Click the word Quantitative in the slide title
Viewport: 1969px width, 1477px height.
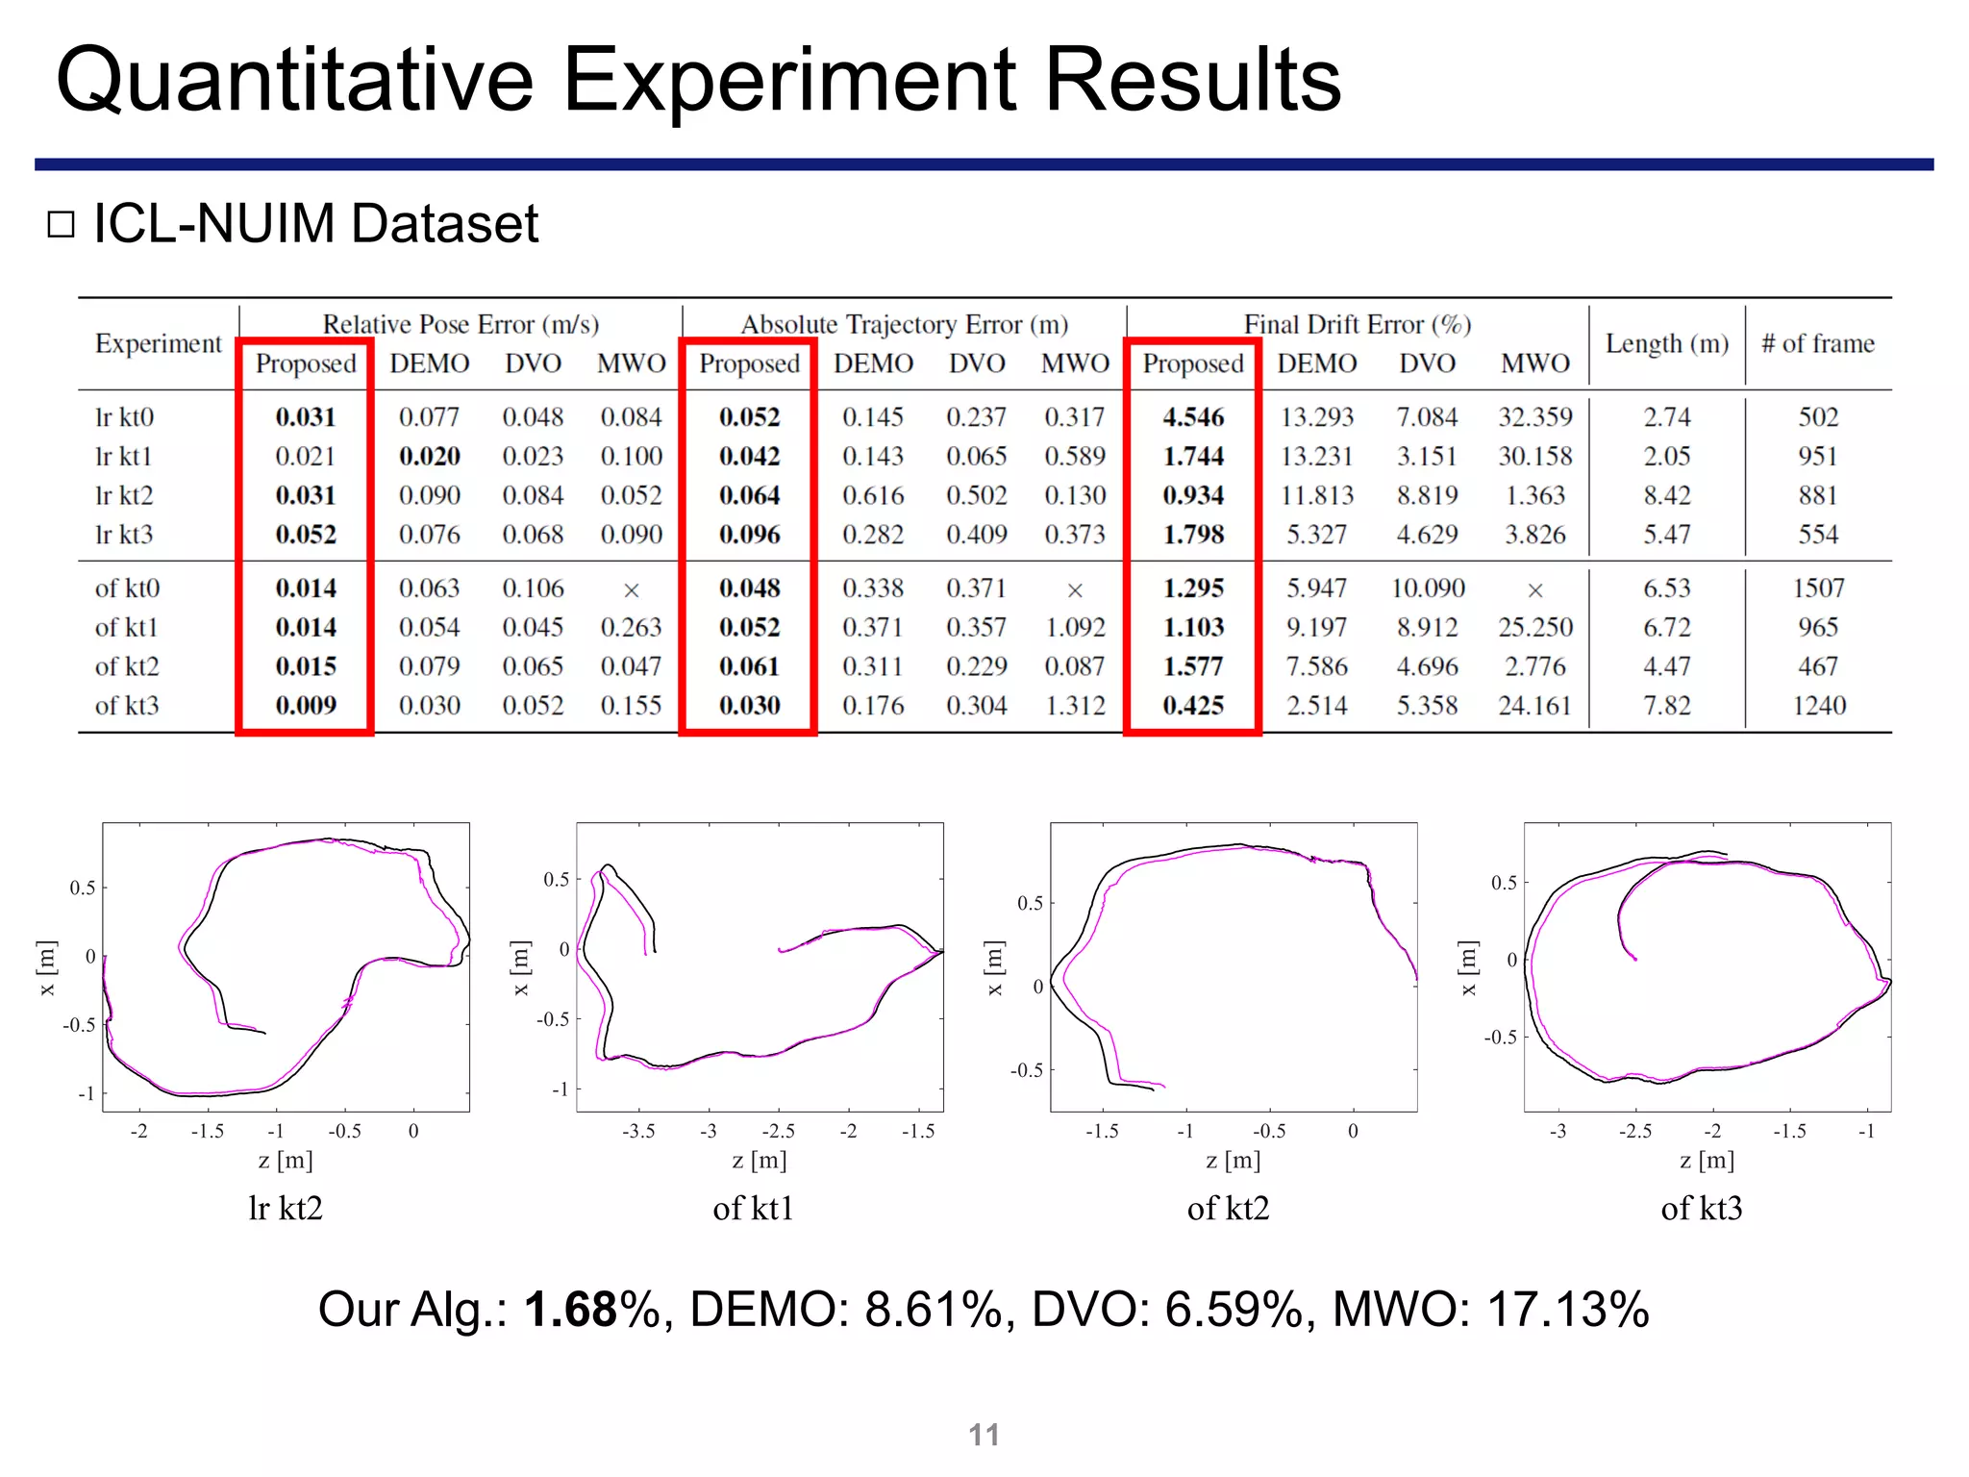tap(294, 81)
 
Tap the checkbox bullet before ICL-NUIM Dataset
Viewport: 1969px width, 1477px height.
tap(62, 224)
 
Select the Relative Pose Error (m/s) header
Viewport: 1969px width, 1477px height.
tap(461, 324)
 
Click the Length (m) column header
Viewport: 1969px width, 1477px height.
tap(1666, 343)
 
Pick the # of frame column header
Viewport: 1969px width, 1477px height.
tap(1817, 343)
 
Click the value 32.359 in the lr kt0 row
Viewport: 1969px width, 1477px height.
tap(1534, 417)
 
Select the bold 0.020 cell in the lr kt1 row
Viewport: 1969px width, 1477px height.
tap(429, 456)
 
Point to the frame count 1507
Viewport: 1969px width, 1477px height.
tap(1818, 588)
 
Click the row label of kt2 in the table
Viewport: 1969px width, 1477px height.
tap(126, 666)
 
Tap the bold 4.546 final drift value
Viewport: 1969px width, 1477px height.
tap(1193, 417)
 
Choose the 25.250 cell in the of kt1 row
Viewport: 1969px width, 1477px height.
tap(1534, 627)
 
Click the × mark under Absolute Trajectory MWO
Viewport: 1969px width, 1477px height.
tap(1075, 590)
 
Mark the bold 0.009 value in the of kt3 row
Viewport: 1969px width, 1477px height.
tap(306, 706)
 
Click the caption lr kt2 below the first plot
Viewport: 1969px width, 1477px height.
tap(286, 1209)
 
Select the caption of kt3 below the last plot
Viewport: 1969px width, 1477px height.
tap(1701, 1209)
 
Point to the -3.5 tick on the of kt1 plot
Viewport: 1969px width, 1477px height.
tap(638, 1132)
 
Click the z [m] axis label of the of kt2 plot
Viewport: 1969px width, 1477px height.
tap(1233, 1161)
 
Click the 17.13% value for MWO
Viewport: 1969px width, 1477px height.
tap(1567, 1310)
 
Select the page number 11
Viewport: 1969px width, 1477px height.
tap(984, 1435)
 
